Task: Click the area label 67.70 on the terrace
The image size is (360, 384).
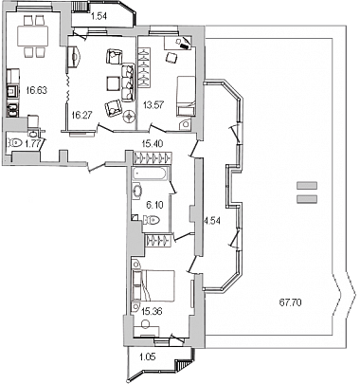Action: coord(290,302)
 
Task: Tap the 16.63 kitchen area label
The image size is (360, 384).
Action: coord(37,90)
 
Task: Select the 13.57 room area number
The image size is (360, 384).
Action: coord(153,104)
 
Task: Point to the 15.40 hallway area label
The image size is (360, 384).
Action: coord(153,144)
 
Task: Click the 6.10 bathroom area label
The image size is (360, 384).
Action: coord(154,205)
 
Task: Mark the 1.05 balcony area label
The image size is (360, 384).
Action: coord(148,357)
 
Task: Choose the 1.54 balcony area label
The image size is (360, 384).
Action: coord(99,17)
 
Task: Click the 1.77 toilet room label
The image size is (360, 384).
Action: coord(33,144)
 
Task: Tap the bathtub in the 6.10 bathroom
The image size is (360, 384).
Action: coord(151,174)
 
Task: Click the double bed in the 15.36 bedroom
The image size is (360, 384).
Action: coord(153,285)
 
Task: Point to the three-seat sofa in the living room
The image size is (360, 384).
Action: coord(127,82)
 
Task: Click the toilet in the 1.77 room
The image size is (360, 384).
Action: coord(15,143)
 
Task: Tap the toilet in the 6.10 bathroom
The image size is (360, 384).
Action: coord(152,220)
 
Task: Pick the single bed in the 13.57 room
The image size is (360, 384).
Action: coord(186,96)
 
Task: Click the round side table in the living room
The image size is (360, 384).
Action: coord(129,117)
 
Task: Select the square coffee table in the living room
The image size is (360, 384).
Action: coord(113,83)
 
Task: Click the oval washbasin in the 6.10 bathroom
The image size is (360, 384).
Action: coord(137,192)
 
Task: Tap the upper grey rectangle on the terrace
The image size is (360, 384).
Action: coord(307,186)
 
